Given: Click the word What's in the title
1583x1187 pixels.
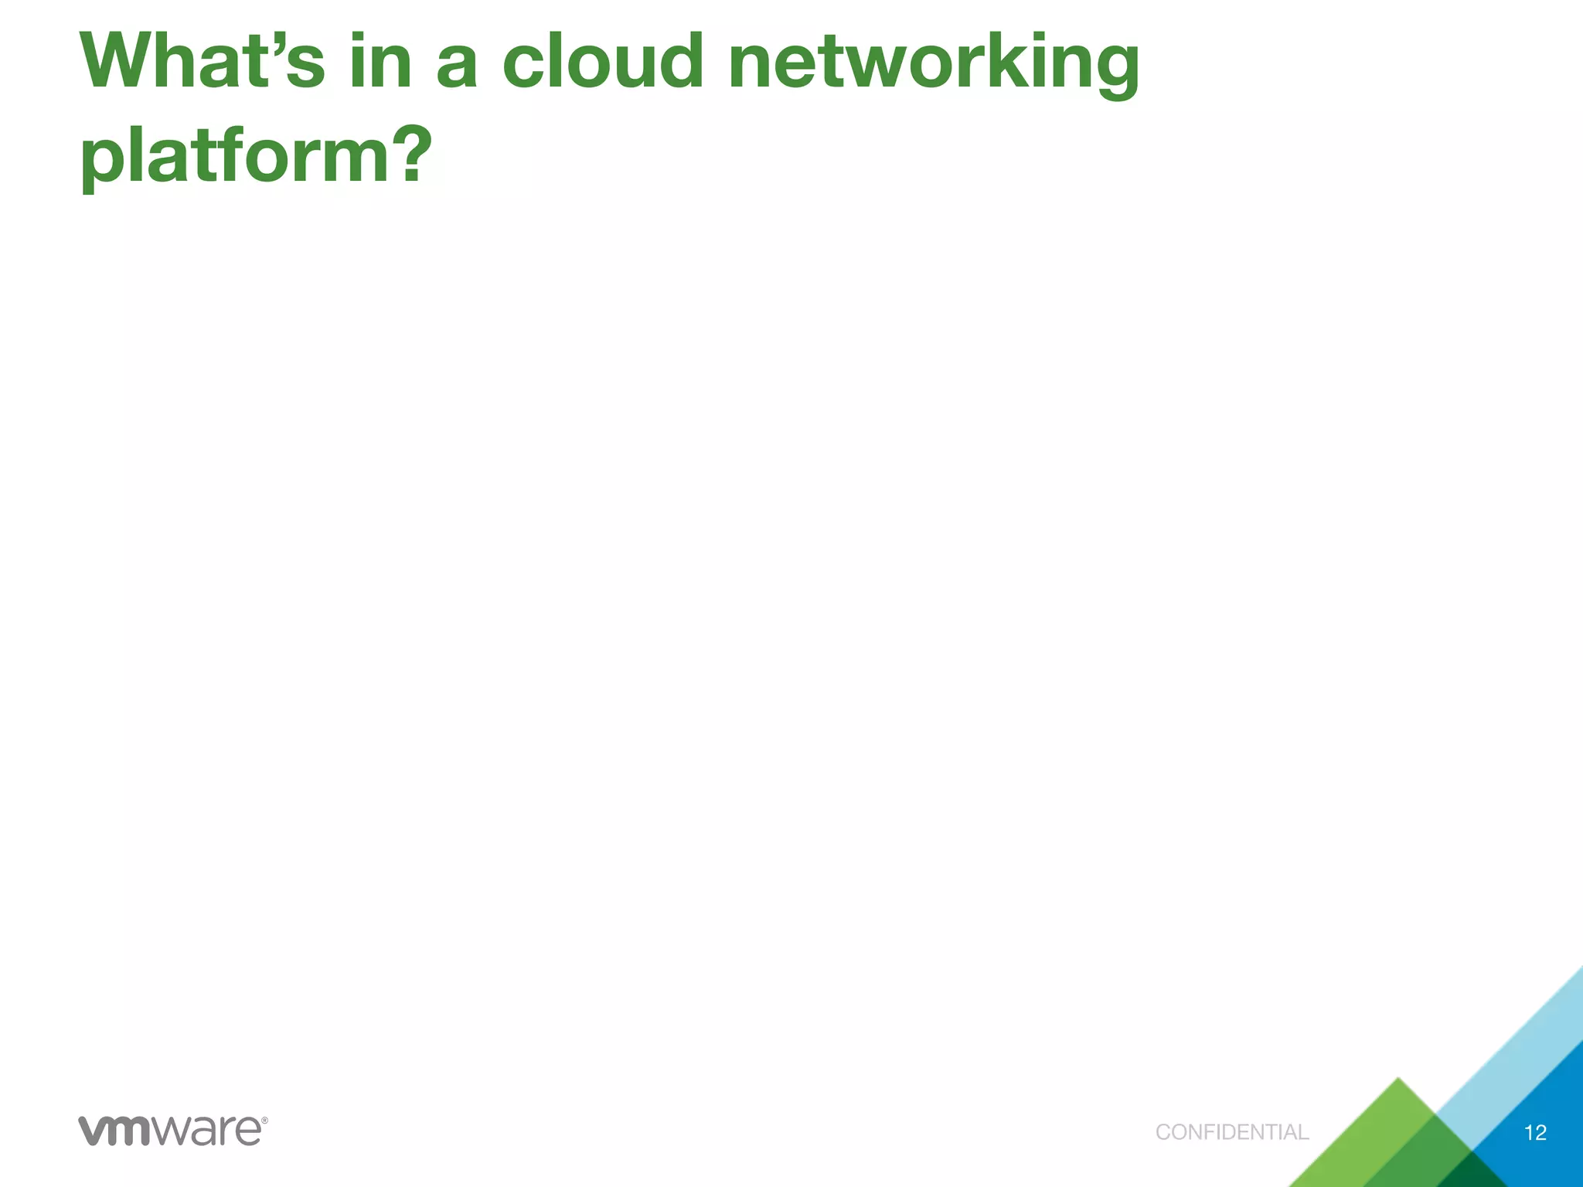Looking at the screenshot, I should [203, 62].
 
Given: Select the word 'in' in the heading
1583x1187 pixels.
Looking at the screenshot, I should [380, 62].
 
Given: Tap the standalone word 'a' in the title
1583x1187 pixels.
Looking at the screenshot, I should [457, 66].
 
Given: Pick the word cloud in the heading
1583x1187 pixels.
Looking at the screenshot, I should [603, 62].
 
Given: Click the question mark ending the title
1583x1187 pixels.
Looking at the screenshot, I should [407, 155].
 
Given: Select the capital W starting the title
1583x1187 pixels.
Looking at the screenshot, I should [116, 62].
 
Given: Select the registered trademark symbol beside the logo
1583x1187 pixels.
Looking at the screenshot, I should [264, 1120].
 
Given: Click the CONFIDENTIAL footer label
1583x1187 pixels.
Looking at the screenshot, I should [1232, 1132].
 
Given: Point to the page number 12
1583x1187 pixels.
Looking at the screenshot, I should [1535, 1133].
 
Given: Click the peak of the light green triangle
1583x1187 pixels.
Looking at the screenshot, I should [1397, 1080].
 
